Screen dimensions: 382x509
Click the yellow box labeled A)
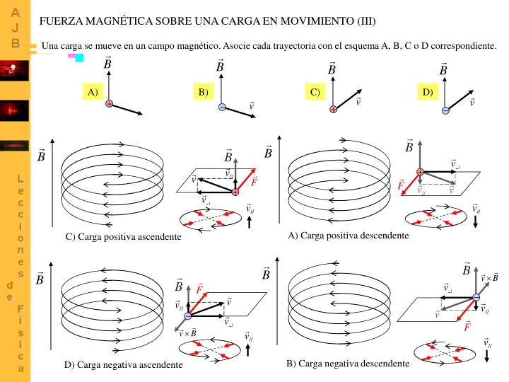tap(93, 92)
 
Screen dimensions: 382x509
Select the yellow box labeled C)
tap(315, 92)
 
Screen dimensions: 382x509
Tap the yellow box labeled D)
tap(427, 92)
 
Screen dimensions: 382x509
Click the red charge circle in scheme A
tap(110, 104)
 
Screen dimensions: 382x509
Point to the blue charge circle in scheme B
tap(221, 107)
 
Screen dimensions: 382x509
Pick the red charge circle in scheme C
tap(333, 109)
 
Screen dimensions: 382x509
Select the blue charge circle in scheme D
tap(445, 110)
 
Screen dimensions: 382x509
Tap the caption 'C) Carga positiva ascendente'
tap(123, 236)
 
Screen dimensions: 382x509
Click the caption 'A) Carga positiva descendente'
tap(348, 235)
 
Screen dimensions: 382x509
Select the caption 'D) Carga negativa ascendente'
tap(123, 364)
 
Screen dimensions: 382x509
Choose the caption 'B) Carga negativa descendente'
tap(347, 363)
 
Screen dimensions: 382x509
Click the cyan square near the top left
tap(80, 57)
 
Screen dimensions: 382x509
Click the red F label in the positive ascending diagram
tap(254, 181)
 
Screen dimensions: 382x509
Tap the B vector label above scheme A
tap(107, 65)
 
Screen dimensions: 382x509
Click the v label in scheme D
tap(472, 102)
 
